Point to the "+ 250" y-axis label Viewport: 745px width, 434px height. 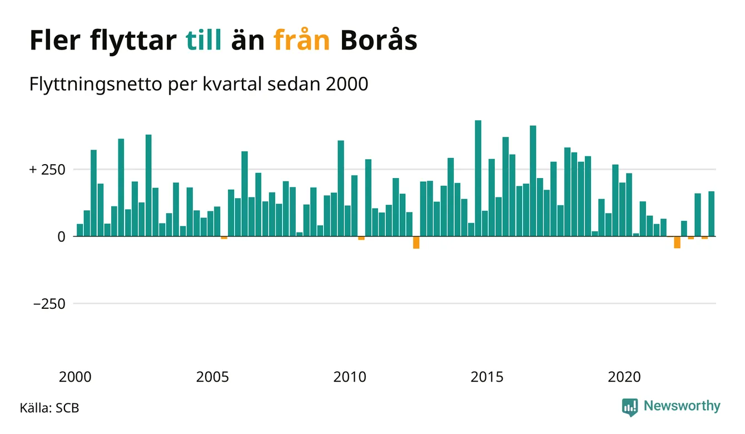49,169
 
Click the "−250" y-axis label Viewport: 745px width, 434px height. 49,304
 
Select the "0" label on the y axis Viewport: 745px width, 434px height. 62,236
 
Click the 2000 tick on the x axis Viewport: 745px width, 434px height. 76,377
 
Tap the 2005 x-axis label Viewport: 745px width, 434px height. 213,377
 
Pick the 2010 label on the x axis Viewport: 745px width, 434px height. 350,377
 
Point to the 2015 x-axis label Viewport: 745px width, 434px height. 487,377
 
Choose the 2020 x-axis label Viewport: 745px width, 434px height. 624,377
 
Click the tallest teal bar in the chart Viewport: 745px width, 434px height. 478,178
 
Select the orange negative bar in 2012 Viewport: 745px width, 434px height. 416,243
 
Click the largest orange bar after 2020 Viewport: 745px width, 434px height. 677,242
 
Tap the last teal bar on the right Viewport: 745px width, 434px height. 711,214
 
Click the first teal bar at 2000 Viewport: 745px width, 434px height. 80,230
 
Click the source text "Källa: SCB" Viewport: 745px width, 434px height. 49,408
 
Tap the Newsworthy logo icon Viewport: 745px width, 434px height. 629,407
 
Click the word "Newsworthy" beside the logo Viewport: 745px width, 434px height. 682,406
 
